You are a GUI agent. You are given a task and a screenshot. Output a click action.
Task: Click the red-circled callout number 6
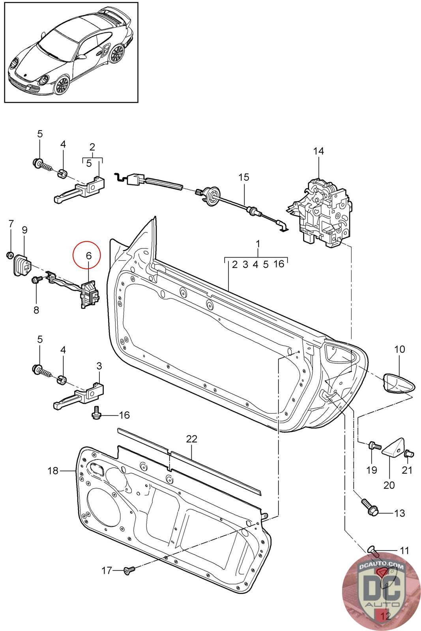(88, 256)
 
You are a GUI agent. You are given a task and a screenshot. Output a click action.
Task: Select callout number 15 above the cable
(244, 177)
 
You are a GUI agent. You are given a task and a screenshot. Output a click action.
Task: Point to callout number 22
(191, 439)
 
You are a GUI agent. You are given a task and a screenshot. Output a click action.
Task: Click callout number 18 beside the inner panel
(53, 470)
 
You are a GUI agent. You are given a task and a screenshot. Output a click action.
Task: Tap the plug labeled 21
(409, 454)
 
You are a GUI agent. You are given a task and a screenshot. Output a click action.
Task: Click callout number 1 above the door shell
(258, 244)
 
